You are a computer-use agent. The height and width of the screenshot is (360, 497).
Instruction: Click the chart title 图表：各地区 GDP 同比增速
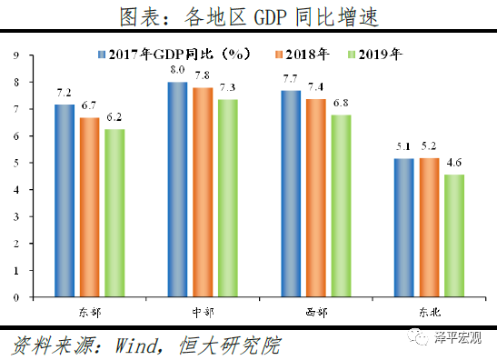[x=248, y=15]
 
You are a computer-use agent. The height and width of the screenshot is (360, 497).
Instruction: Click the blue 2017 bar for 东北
[x=403, y=227]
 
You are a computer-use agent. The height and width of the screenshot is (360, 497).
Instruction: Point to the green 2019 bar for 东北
[x=453, y=235]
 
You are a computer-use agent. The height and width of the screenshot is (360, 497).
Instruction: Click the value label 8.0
[x=178, y=70]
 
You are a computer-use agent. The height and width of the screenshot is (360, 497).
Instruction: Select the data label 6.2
[x=114, y=118]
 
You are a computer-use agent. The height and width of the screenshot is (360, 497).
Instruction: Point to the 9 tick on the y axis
[x=16, y=55]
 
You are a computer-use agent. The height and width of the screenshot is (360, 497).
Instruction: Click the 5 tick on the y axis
[x=16, y=163]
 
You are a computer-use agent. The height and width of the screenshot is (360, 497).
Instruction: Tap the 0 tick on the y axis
[x=16, y=296]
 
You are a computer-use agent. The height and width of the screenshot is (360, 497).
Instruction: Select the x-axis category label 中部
[x=203, y=311]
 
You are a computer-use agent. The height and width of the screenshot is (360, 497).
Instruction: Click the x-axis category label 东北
[x=429, y=311]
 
